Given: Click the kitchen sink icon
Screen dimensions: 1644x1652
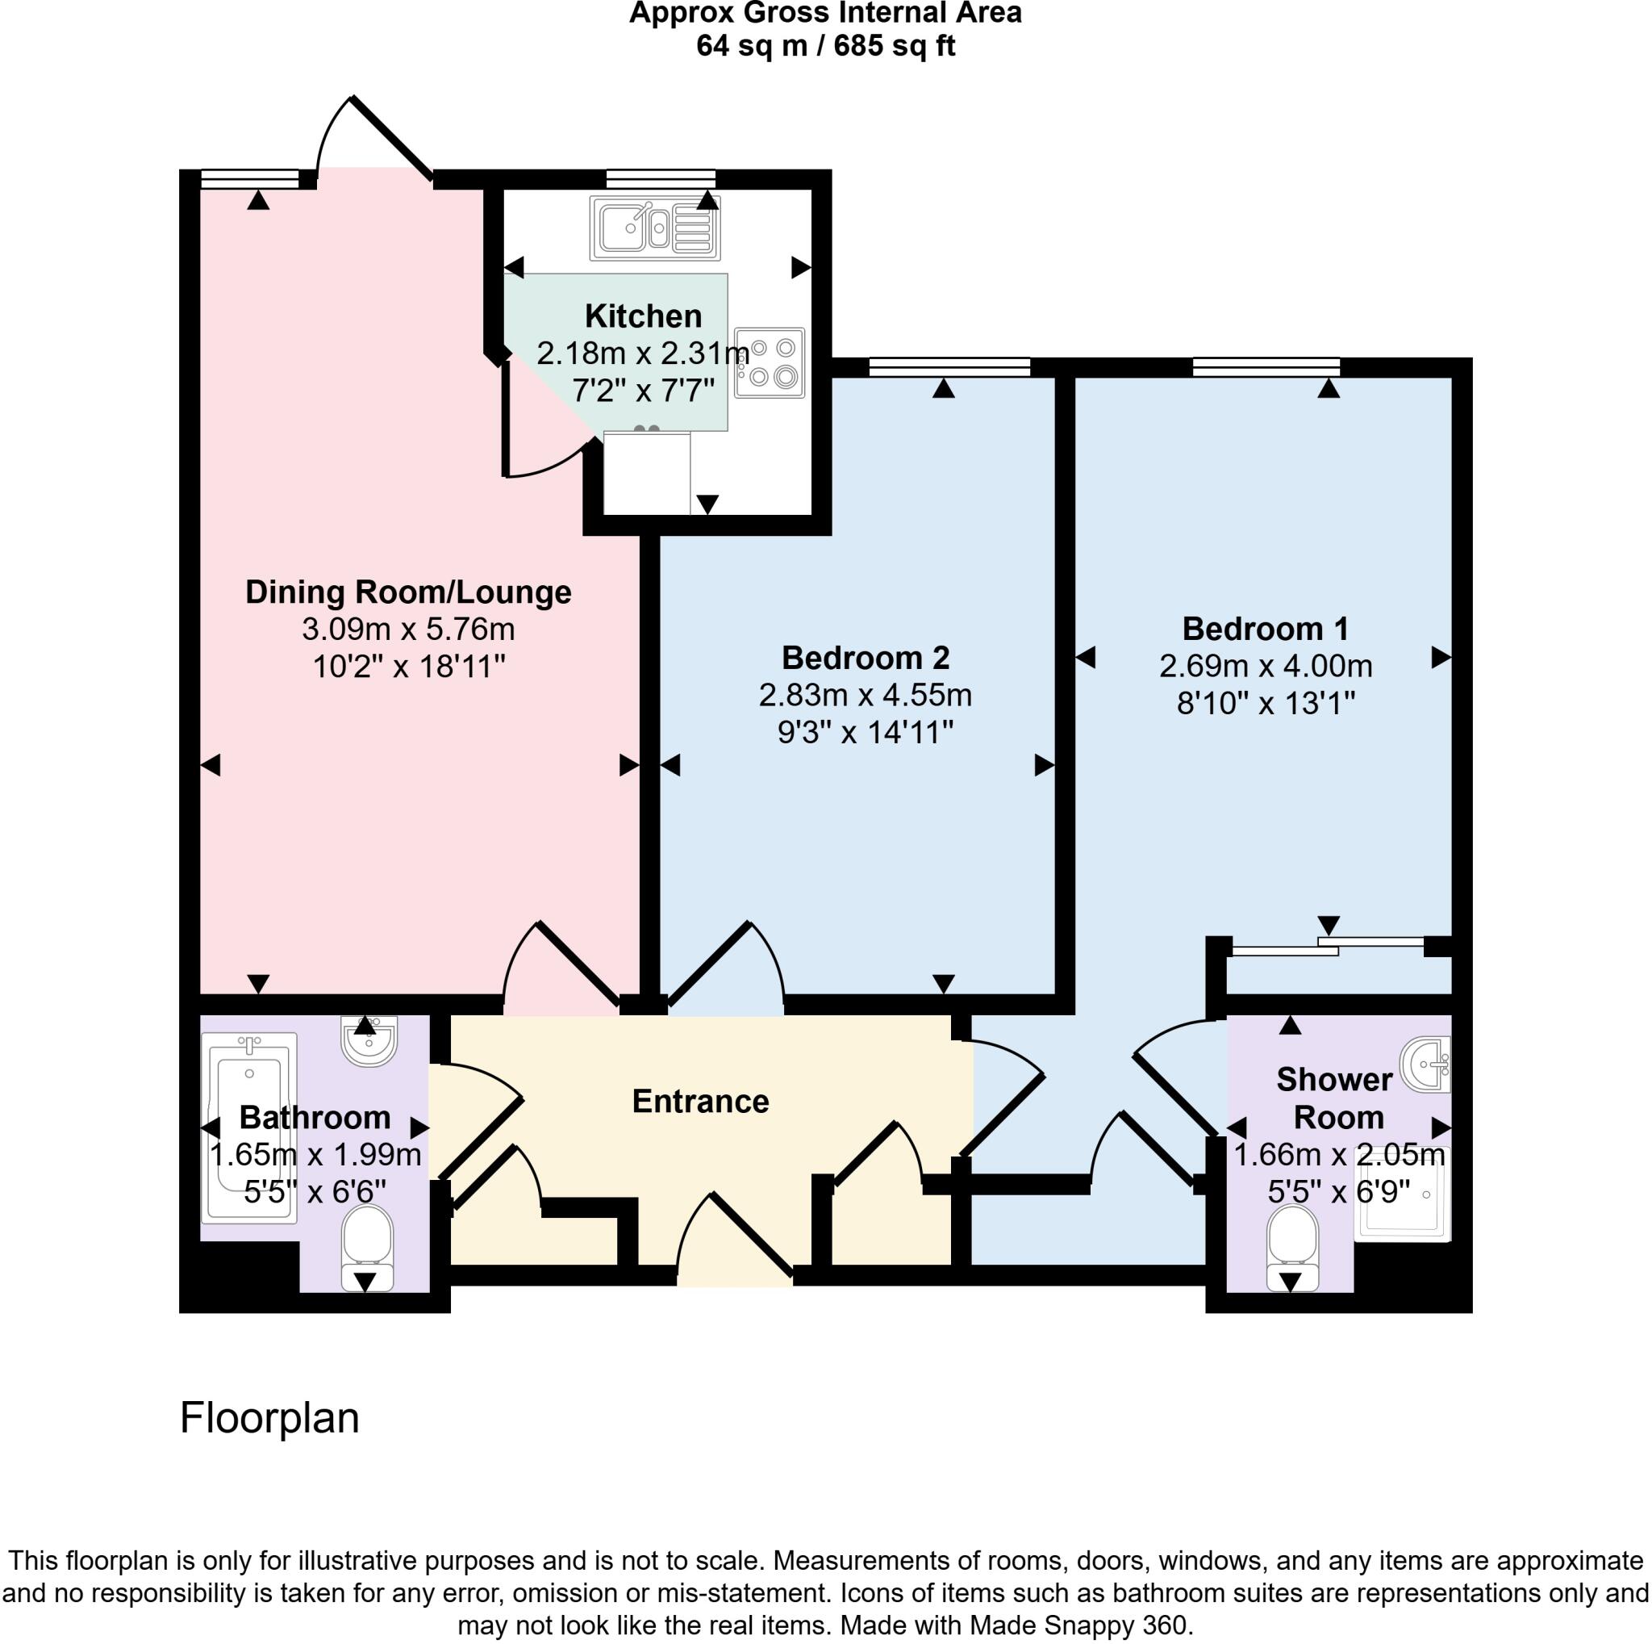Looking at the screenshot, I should coord(654,228).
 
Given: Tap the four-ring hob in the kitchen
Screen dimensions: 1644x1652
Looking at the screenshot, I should coord(769,362).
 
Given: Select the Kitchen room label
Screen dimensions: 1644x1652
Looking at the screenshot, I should coord(643,316).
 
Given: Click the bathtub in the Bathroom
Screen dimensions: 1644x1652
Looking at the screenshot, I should coord(248,1127).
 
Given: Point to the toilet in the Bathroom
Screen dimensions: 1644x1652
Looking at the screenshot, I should coord(367,1246).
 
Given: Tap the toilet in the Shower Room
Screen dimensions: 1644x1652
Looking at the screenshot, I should coord(1293,1246).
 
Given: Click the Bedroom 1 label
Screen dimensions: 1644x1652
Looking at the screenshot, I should coord(1265,629).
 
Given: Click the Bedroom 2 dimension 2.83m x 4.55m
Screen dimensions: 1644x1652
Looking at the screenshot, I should coord(865,696).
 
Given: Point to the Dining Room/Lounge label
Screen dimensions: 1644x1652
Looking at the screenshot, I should coord(408,592).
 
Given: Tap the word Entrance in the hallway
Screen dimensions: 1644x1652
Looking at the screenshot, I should coord(700,1102).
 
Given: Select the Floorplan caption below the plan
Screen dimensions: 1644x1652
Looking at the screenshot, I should coord(269,1418).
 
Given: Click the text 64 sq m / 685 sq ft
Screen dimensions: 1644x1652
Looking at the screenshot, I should coord(825,45).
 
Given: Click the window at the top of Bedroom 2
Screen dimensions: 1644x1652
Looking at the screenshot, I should coord(949,367).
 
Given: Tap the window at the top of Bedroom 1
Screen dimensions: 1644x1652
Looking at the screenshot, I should coord(1266,367).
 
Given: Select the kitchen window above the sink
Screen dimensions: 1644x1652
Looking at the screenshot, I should coord(660,178).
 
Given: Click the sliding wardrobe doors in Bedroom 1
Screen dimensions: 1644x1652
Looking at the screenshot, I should coord(1327,946).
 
